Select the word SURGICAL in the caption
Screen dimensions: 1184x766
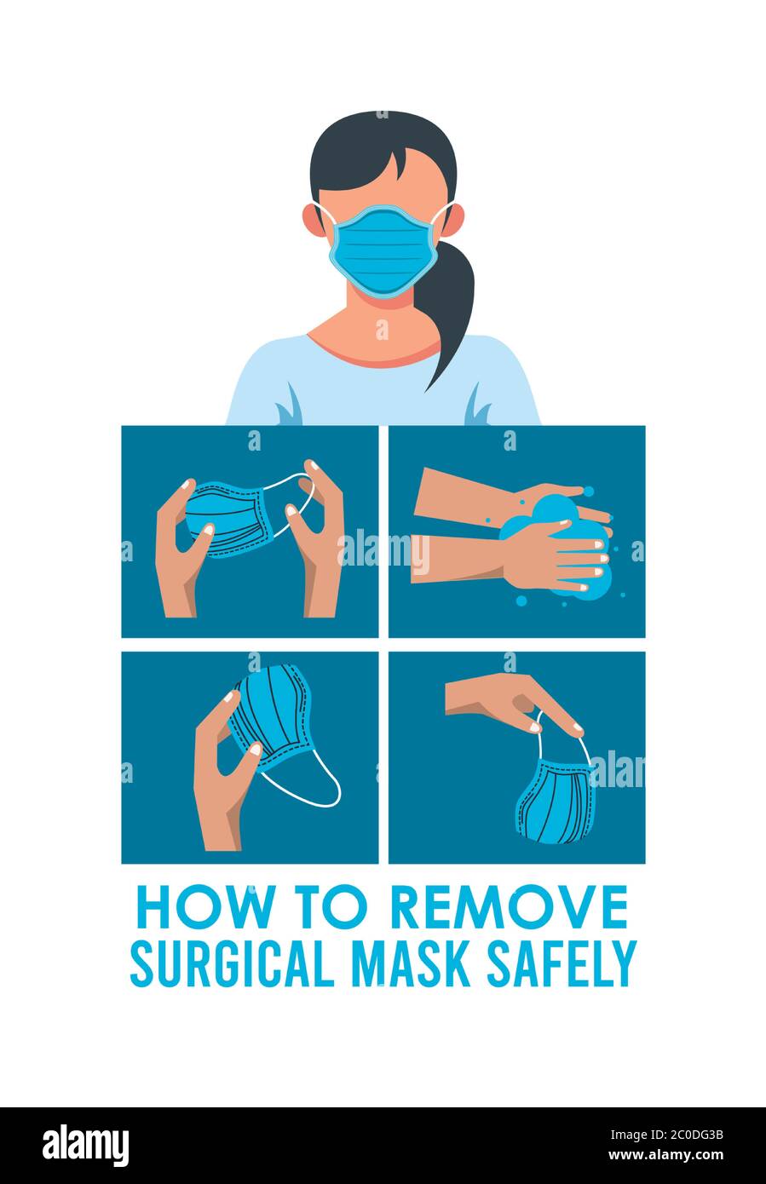pos(231,963)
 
